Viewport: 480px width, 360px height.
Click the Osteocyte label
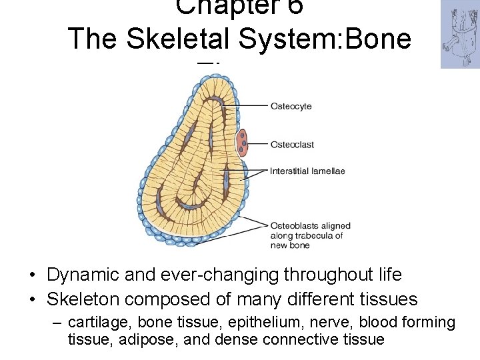point(291,107)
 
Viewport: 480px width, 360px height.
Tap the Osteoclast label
point(292,145)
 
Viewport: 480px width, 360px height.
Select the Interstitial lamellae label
point(307,171)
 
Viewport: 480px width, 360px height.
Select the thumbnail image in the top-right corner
point(460,34)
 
